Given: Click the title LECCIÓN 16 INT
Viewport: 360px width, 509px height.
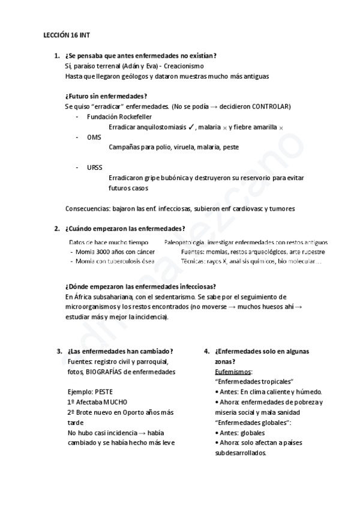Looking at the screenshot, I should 67,36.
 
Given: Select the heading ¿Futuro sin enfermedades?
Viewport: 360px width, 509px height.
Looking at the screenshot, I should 106,96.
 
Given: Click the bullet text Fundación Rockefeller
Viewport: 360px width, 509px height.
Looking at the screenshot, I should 119,116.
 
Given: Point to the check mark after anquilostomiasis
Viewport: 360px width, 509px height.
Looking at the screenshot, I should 190,127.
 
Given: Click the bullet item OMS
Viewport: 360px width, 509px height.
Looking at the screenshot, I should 94,137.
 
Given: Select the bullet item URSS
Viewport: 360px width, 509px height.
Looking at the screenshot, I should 95,167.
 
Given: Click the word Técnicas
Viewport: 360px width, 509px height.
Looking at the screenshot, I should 194,262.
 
